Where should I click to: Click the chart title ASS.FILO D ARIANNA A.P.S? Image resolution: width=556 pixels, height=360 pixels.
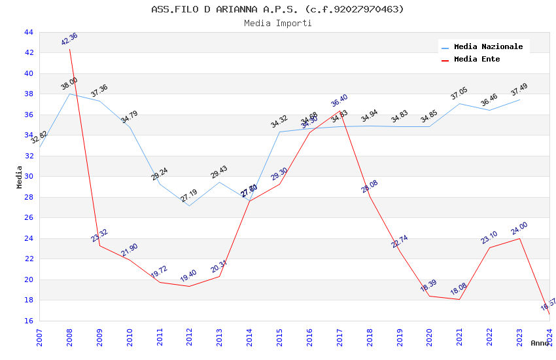tap(277, 9)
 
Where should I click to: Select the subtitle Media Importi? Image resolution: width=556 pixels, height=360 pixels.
tap(277, 24)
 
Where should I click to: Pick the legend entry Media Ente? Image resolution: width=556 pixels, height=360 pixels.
tap(477, 60)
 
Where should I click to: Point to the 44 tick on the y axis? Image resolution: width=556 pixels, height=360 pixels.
tap(28, 32)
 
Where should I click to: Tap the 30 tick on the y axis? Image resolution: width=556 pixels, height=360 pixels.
tap(28, 177)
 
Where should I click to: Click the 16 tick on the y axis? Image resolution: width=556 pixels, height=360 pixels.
tap(28, 321)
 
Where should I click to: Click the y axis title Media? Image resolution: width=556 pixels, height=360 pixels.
tap(20, 177)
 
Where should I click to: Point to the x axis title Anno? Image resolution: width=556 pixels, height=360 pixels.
tap(540, 343)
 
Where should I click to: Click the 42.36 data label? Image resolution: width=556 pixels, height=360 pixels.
tap(69, 39)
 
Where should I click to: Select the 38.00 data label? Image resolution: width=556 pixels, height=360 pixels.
tap(69, 84)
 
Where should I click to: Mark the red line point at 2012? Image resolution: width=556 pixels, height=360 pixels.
tap(190, 286)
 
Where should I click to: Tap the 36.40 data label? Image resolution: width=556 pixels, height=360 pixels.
tap(339, 101)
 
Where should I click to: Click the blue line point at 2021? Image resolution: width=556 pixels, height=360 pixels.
tap(460, 103)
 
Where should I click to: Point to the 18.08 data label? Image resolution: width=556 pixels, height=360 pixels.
tap(459, 289)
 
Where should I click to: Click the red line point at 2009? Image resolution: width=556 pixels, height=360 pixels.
tap(99, 245)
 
